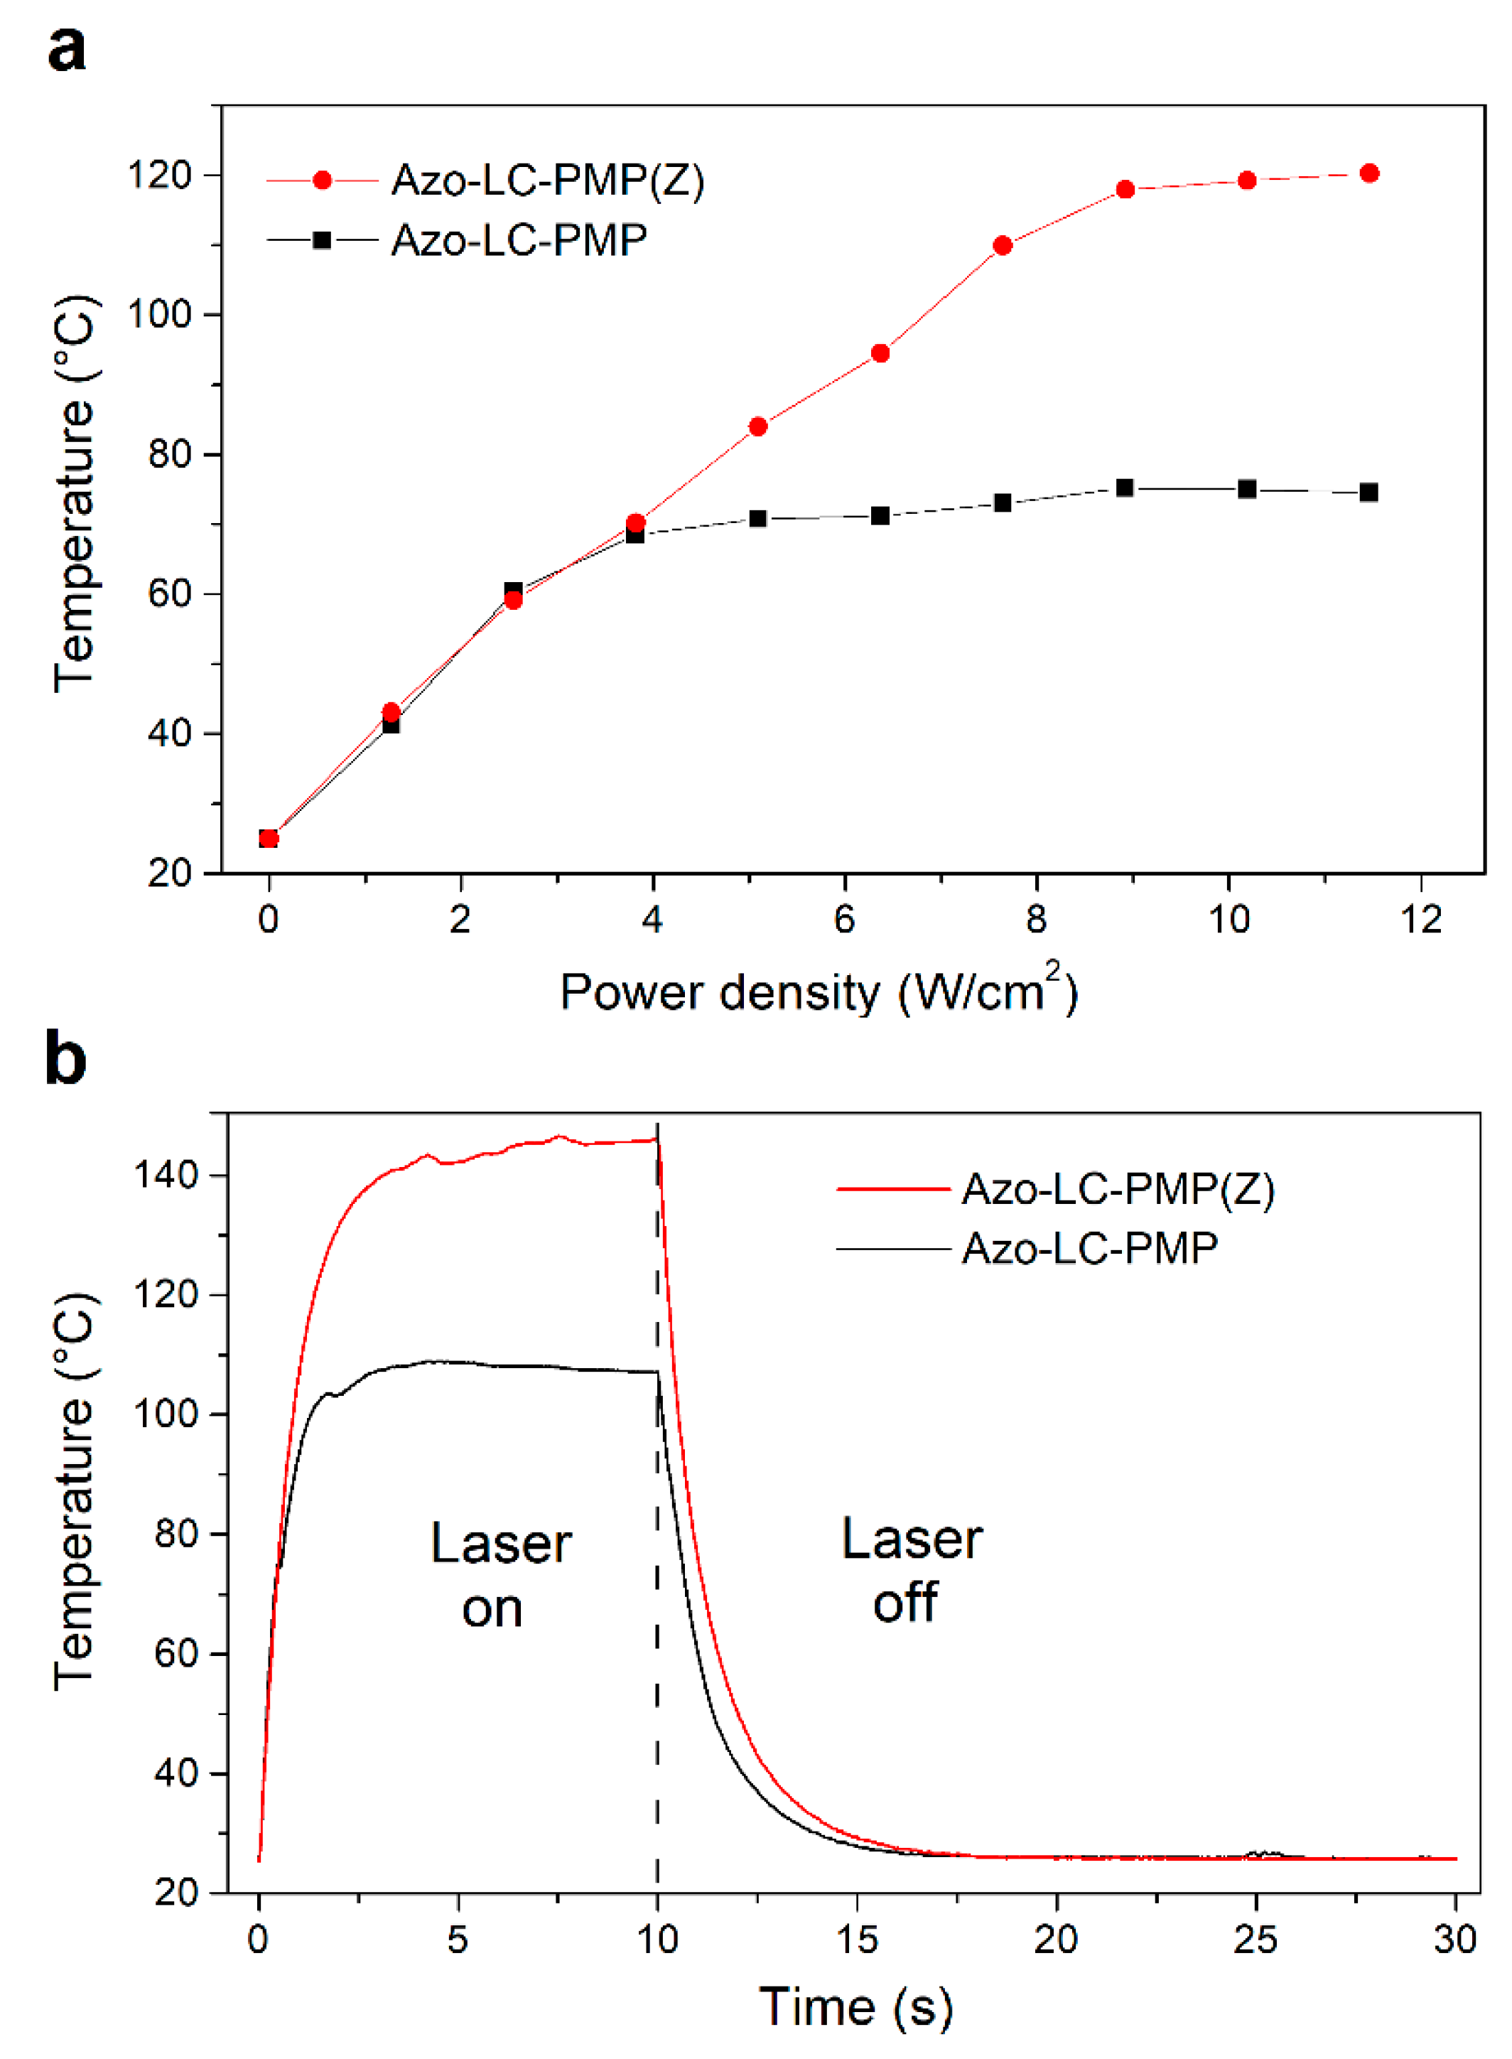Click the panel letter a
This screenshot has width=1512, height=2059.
(x=66, y=48)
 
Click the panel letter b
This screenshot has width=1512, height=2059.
(x=66, y=1058)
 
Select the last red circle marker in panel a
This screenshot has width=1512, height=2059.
(x=1369, y=173)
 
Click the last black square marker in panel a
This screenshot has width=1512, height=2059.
(x=1368, y=493)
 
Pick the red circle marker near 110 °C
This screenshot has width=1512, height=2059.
(x=1003, y=245)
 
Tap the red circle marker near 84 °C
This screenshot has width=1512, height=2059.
(x=758, y=426)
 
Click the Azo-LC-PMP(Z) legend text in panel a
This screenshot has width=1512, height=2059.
(x=547, y=181)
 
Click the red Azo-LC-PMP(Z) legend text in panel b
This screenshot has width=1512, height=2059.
(x=1118, y=1189)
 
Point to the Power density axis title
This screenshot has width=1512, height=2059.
(x=819, y=991)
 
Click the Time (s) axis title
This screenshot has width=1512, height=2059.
(x=855, y=2007)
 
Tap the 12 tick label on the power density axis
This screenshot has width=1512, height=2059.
(x=1420, y=918)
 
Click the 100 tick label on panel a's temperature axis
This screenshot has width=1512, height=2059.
(x=159, y=315)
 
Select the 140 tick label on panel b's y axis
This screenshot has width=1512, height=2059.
(x=166, y=1175)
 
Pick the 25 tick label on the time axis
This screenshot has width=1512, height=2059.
(x=1255, y=1938)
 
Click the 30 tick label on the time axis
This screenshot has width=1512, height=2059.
(x=1454, y=1938)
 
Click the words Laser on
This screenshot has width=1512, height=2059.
(x=499, y=1575)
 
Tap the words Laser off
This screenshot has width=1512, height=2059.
(x=911, y=1570)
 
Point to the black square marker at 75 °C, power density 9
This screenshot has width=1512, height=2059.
(x=1125, y=488)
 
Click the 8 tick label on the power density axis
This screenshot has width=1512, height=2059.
(x=1036, y=918)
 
